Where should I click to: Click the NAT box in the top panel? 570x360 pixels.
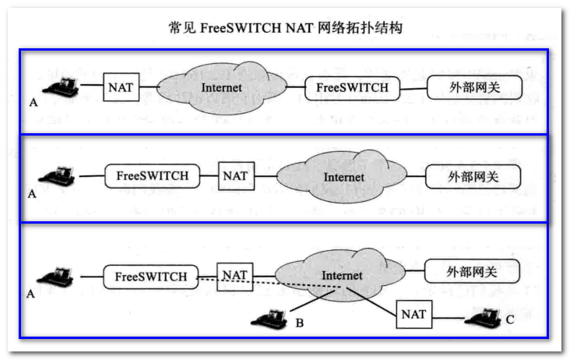[x=121, y=86]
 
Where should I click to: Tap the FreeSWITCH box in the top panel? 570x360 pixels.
[x=352, y=87]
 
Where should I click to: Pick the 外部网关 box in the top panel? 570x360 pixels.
[x=474, y=87]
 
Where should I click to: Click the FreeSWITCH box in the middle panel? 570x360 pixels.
[x=153, y=175]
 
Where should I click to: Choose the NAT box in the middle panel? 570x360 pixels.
[x=234, y=175]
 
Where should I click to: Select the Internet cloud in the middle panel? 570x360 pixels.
[x=343, y=177]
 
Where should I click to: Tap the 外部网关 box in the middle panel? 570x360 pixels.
[x=472, y=176]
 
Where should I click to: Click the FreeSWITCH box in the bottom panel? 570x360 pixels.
[x=151, y=276]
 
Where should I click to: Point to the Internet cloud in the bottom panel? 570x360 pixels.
[x=341, y=277]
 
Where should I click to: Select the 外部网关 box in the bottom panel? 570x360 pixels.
[x=471, y=272]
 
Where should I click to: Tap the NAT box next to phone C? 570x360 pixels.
[x=413, y=314]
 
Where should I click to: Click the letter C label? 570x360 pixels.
[x=510, y=319]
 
